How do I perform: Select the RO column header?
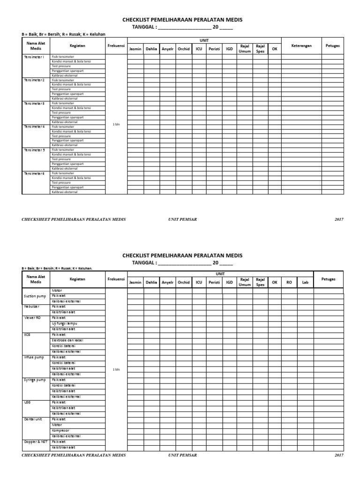pyautogui.click(x=289, y=282)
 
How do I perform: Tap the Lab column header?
pyautogui.click(x=305, y=282)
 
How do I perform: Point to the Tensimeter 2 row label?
pyautogui.click(x=34, y=80)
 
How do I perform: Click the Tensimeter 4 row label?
pyautogui.click(x=34, y=127)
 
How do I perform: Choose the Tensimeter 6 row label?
pyautogui.click(x=34, y=173)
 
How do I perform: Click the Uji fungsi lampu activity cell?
pyautogui.click(x=65, y=323)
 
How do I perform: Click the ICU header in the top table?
pyautogui.click(x=199, y=48)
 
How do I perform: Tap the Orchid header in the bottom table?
pyautogui.click(x=184, y=282)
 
